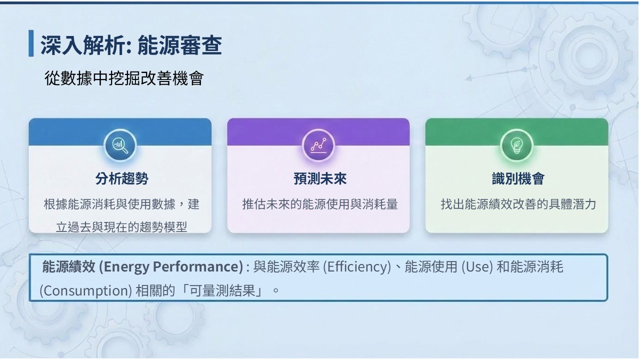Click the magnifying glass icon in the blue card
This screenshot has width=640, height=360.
click(120, 145)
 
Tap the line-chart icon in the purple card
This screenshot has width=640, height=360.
click(318, 145)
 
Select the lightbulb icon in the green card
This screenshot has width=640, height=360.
click(516, 145)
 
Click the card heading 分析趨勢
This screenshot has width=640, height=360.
click(121, 179)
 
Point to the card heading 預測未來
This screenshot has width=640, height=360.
click(320, 179)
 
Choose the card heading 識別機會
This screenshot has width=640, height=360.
click(518, 179)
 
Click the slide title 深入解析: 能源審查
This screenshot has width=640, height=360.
click(131, 45)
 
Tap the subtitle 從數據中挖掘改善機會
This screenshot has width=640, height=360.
click(124, 78)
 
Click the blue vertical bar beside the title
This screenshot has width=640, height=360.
click(31, 43)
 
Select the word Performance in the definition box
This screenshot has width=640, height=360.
click(197, 266)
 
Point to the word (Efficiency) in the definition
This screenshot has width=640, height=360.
click(357, 267)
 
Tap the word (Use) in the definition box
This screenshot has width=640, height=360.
click(477, 267)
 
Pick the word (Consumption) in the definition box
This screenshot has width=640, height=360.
click(85, 291)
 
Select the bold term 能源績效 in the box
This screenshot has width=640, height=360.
click(68, 266)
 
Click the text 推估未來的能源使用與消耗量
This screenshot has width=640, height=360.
click(320, 204)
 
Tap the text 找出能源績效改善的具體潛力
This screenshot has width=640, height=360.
click(518, 204)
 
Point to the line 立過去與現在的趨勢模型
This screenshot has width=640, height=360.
click(121, 227)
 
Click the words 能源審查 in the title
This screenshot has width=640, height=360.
click(179, 45)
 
